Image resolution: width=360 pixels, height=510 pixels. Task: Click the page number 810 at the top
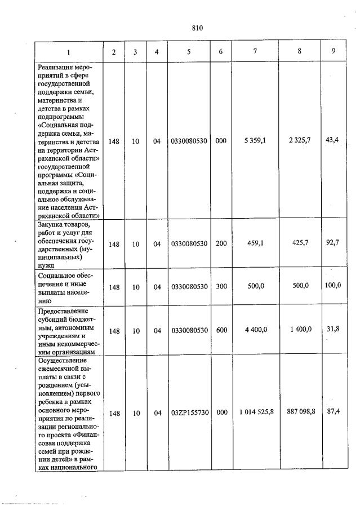point(197,28)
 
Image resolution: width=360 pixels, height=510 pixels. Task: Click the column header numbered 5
point(189,52)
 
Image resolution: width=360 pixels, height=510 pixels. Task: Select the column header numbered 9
point(334,51)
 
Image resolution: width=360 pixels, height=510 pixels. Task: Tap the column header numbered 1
point(69,52)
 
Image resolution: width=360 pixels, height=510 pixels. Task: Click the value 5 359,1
point(255,141)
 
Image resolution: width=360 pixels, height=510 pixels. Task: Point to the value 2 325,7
point(299,141)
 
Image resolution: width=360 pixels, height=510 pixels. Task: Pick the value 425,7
point(299,243)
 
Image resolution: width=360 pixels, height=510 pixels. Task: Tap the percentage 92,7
point(332,242)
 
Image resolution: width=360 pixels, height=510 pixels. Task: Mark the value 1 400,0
point(299,329)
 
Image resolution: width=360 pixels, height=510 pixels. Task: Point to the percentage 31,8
point(332,329)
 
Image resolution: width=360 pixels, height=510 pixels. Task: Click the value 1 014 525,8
point(256,413)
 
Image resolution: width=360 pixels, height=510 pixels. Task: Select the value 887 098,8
point(299,412)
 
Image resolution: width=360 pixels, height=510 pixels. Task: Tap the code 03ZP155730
point(189,413)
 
